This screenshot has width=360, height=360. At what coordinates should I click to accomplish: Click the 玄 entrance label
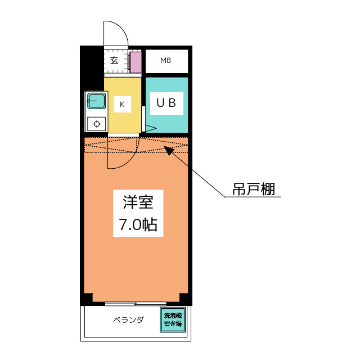[114, 61]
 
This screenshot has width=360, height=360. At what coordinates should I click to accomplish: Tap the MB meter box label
[165, 61]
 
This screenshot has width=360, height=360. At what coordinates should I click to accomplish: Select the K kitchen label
[122, 103]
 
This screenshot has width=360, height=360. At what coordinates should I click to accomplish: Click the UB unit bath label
[166, 103]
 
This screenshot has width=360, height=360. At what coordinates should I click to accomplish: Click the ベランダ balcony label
[128, 321]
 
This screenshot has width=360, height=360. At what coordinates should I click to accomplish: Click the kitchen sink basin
[97, 102]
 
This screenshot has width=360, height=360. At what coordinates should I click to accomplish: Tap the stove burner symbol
[97, 124]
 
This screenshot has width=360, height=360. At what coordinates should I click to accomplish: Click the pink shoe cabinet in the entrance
[136, 62]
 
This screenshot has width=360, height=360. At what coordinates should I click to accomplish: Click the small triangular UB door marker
[150, 129]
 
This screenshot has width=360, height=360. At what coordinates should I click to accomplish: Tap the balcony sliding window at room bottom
[136, 304]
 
